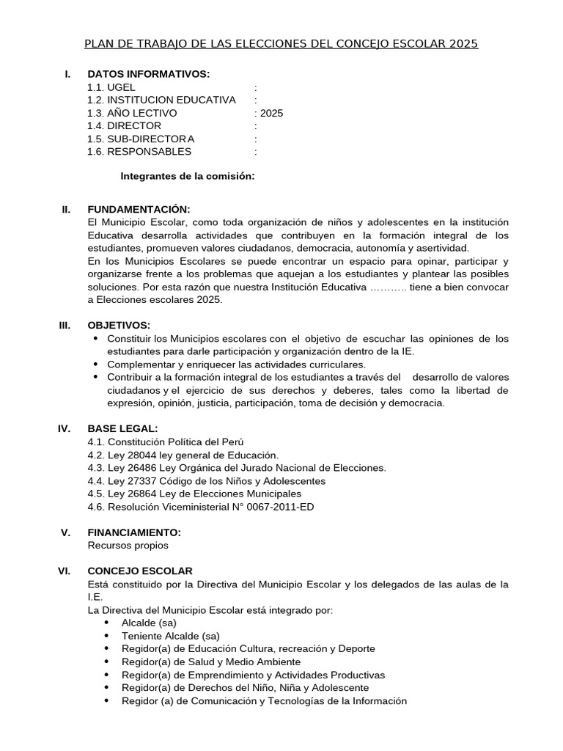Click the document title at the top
click(281, 44)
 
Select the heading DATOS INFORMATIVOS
click(148, 74)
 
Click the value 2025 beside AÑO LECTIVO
click(271, 113)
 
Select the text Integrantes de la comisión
click(187, 176)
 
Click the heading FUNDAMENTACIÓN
click(139, 209)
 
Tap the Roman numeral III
click(65, 325)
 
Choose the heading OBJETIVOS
click(119, 325)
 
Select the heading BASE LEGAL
click(122, 428)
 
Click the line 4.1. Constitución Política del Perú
click(165, 442)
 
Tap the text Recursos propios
click(128, 545)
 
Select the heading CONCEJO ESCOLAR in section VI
click(140, 571)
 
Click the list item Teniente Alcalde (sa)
click(170, 635)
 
